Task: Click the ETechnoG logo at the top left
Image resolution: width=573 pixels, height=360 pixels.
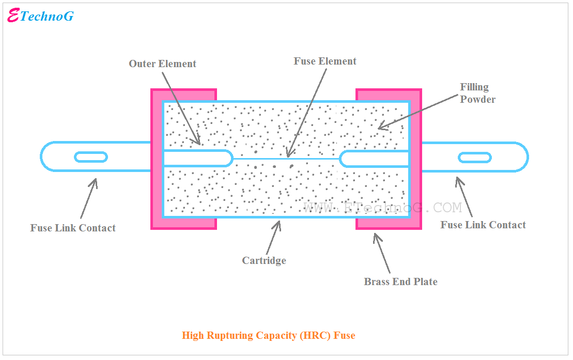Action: tap(41, 16)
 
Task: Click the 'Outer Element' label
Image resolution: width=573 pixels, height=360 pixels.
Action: tap(162, 64)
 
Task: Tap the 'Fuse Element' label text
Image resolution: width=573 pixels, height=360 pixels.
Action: tap(325, 61)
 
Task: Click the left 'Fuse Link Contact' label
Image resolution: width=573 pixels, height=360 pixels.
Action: tap(73, 228)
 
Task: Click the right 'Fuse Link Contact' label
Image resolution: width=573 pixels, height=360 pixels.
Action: tap(483, 225)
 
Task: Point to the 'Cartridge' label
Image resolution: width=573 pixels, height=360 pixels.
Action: tap(264, 261)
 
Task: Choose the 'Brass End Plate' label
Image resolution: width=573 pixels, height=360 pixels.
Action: tap(400, 282)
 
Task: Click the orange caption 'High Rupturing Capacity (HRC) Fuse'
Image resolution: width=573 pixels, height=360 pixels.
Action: tap(268, 336)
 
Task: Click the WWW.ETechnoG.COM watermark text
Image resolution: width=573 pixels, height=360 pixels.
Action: tap(382, 208)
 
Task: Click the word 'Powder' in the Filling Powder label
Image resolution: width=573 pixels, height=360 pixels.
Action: tap(477, 100)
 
